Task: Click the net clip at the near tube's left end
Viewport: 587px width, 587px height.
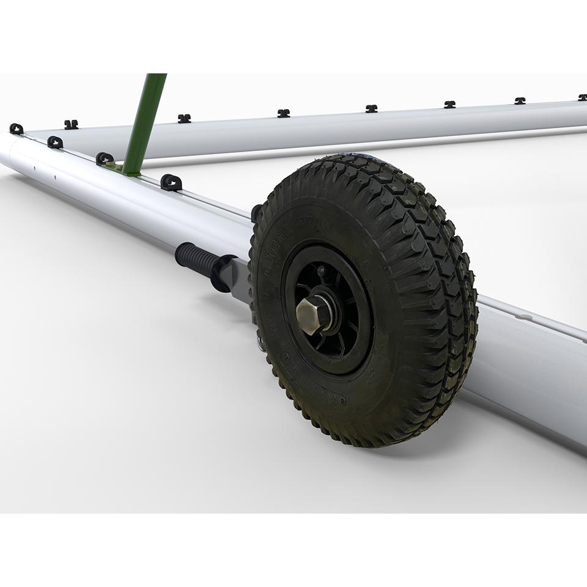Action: tap(17, 128)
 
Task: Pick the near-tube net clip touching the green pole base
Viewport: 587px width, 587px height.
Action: tap(105, 158)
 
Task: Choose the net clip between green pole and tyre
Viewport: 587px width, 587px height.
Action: tap(171, 182)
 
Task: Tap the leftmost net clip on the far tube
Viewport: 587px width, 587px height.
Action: tap(71, 124)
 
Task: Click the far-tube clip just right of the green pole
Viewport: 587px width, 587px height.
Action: tap(184, 118)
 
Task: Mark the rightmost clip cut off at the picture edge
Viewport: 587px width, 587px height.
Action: tap(583, 97)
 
